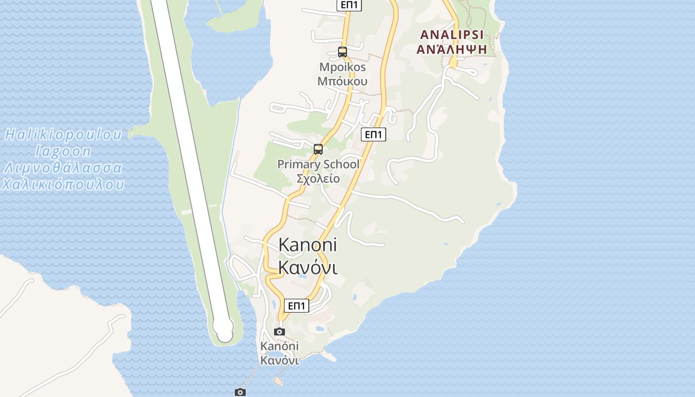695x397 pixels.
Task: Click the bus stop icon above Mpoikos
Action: click(x=342, y=52)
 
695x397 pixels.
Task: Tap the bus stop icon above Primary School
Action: click(x=318, y=149)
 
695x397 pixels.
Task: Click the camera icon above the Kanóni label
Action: click(x=279, y=331)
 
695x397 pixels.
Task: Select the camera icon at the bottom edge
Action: click(x=240, y=392)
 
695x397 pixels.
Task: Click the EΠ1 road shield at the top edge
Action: click(x=349, y=5)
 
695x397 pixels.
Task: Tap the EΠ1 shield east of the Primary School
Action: click(x=373, y=134)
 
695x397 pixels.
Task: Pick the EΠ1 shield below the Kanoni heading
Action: click(x=296, y=306)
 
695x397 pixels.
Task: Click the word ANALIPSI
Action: click(x=451, y=35)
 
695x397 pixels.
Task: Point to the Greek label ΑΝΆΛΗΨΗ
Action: click(x=451, y=49)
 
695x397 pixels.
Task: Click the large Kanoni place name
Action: click(x=308, y=245)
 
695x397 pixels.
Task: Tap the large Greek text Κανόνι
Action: click(x=308, y=267)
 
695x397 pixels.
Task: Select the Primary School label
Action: click(x=318, y=164)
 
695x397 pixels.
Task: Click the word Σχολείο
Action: click(x=318, y=179)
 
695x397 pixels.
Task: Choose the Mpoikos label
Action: click(x=343, y=67)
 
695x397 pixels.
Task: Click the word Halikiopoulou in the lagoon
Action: click(x=64, y=134)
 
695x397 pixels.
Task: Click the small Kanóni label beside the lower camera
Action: click(x=279, y=346)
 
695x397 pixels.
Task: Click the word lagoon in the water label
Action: click(x=64, y=151)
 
